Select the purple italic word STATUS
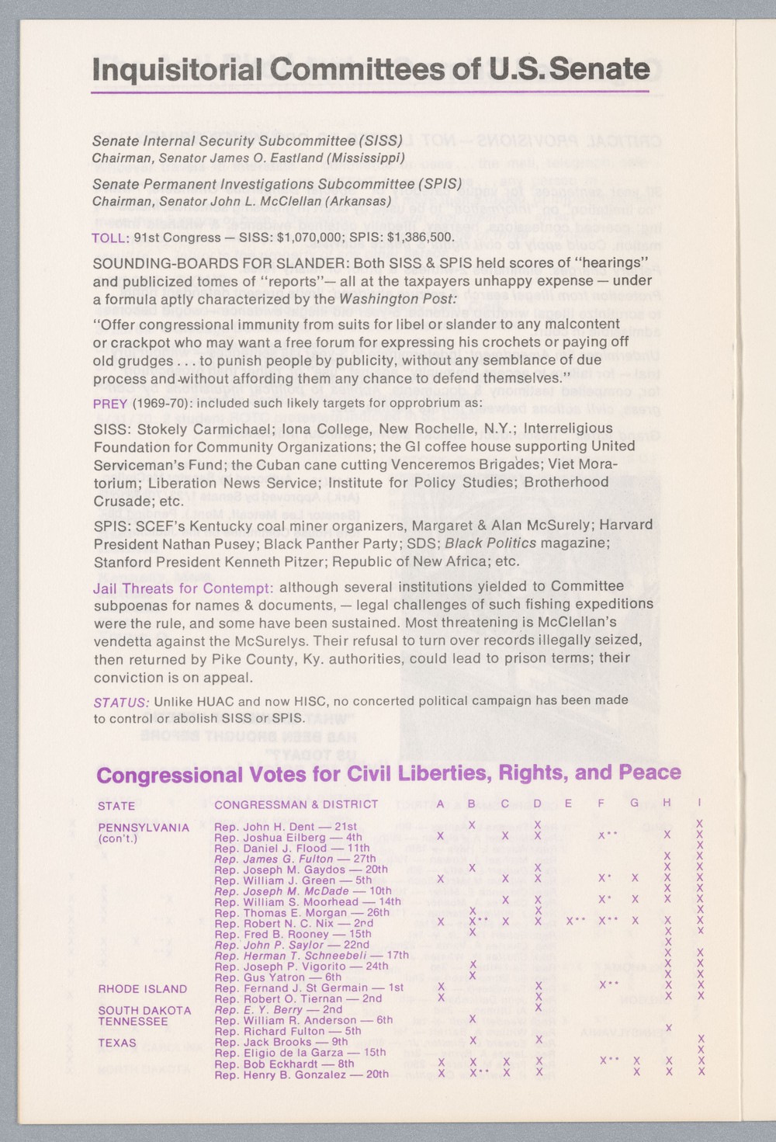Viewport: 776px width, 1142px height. tap(120, 702)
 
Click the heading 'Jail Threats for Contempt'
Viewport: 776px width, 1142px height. tap(182, 588)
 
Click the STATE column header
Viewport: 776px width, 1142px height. tap(116, 806)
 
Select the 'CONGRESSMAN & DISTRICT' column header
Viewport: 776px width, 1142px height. tap(296, 805)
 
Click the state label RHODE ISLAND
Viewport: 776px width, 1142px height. tap(142, 989)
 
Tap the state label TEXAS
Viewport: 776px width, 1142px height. tap(117, 1043)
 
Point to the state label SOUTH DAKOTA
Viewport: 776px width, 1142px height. tap(144, 1011)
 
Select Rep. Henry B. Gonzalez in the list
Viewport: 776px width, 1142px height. tap(301, 1074)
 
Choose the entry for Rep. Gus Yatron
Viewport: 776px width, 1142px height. tap(277, 977)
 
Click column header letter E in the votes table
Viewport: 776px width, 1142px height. tap(568, 804)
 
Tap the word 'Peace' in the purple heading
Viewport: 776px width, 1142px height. tap(650, 773)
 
